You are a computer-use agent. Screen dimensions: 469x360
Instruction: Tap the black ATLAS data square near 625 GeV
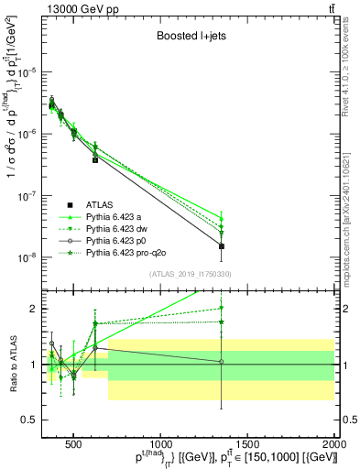[95, 159]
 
